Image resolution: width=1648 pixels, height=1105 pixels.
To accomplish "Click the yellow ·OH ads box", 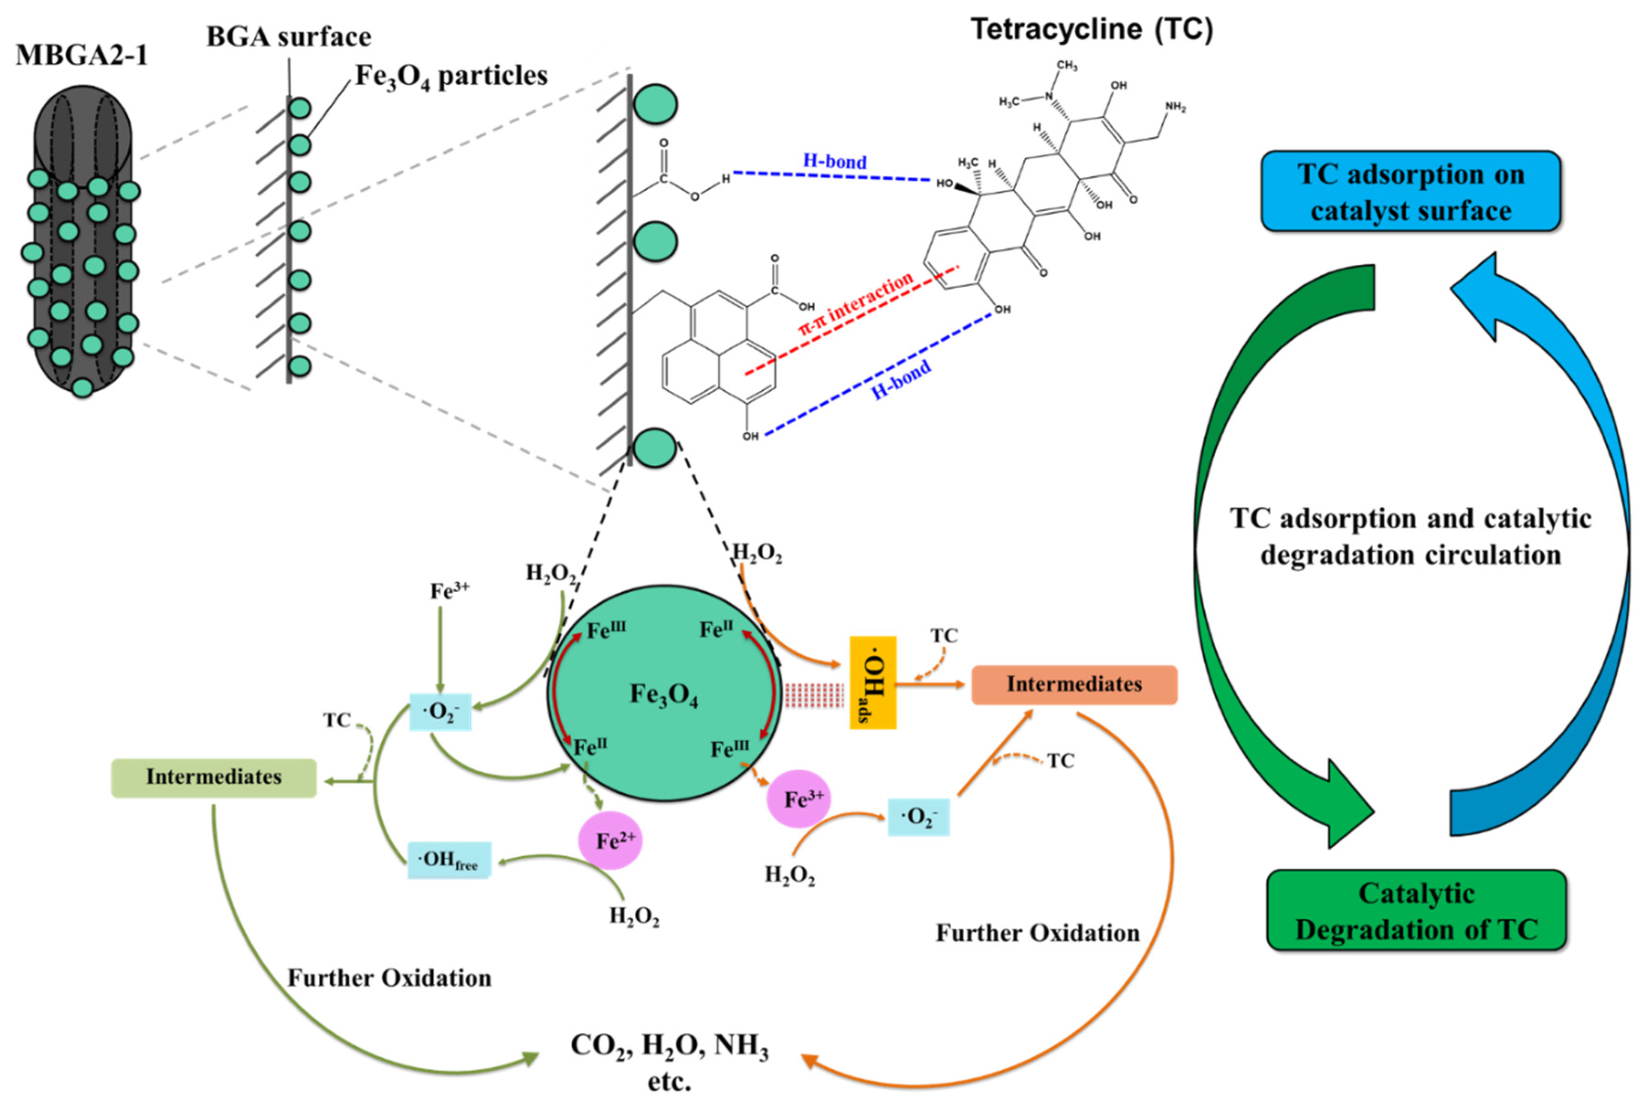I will coord(872,682).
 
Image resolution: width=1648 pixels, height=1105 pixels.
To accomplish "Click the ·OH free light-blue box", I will coord(449,860).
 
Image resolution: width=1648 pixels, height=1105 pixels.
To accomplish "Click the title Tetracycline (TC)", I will coord(1092,30).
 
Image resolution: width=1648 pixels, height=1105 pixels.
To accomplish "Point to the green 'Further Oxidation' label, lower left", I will coord(389,978).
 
